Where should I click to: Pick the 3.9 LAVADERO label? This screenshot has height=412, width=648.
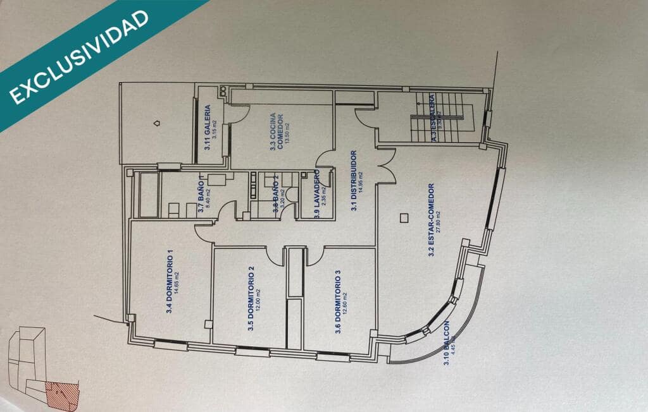click(316, 194)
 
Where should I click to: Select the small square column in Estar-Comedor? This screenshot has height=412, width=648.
click(402, 219)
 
